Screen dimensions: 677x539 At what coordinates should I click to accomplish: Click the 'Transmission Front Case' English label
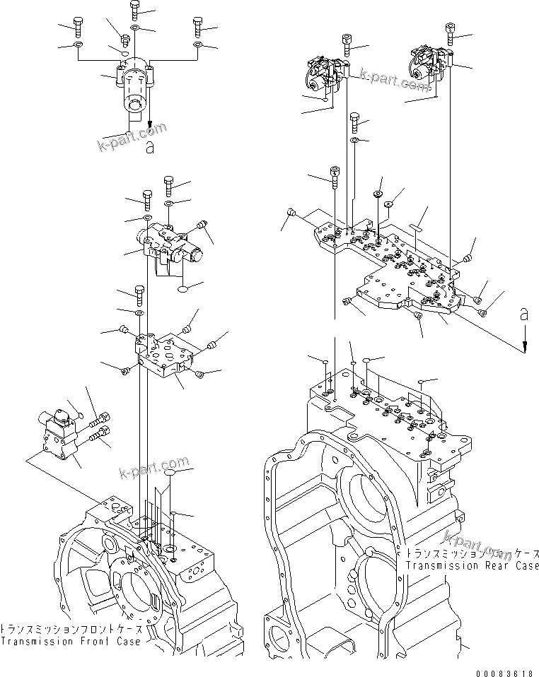point(71,641)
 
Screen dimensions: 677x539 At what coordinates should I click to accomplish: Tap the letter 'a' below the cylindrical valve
point(149,147)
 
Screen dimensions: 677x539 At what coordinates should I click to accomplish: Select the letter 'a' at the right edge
point(523,316)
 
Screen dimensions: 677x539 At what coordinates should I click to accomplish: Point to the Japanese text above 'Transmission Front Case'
point(71,629)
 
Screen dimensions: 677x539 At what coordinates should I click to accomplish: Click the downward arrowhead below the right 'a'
point(524,346)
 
